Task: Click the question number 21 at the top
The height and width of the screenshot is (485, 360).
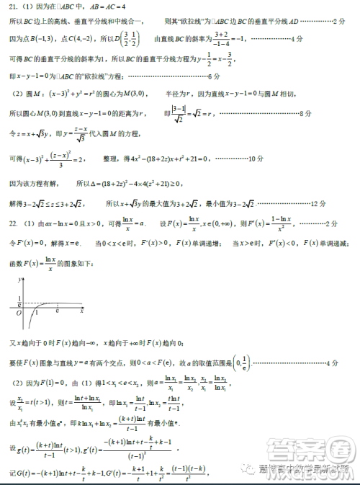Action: pos(14,8)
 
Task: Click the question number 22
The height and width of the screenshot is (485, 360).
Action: pos(14,224)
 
